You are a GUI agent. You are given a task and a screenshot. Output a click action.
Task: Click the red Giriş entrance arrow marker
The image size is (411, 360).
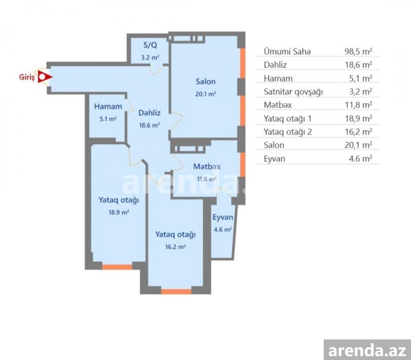coord(45,77)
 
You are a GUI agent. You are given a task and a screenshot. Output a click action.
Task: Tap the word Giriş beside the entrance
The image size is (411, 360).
coord(27,78)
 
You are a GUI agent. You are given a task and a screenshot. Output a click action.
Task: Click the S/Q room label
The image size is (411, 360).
coord(150,45)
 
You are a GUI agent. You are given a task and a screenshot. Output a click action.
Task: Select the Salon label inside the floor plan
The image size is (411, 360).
coord(206,81)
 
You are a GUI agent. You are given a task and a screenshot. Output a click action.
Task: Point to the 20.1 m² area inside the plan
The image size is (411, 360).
coord(206,94)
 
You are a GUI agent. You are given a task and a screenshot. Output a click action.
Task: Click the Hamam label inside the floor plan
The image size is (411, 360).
coord(108,106)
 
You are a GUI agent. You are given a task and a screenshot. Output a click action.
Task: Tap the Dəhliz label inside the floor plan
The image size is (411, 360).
coord(150,113)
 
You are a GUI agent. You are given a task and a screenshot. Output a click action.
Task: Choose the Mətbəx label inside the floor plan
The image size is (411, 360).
coord(207,166)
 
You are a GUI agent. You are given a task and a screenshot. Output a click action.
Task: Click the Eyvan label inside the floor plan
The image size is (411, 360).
coord(223,217)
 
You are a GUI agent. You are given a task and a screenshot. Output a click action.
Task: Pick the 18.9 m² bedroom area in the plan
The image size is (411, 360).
coord(119,212)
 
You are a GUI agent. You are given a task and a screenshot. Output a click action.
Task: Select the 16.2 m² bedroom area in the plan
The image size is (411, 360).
coord(176,247)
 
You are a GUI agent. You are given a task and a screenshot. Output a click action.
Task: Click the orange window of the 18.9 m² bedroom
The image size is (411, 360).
coord(117,267)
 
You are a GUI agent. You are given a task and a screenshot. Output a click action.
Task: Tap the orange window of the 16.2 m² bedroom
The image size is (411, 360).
coord(176,292)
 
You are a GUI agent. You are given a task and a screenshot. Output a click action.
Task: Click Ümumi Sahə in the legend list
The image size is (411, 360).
coord(287,51)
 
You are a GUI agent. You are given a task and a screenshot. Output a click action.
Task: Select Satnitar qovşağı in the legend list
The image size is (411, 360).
coord(293,92)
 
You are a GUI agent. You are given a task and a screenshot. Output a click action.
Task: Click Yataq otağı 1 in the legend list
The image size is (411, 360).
coord(288,119)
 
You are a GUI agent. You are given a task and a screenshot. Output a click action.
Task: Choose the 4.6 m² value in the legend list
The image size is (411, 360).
coord(361,158)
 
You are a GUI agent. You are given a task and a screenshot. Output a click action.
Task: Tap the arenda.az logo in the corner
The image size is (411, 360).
coord(367,350)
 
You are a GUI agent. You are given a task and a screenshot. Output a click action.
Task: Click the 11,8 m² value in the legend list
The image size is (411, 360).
coord(359,105)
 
